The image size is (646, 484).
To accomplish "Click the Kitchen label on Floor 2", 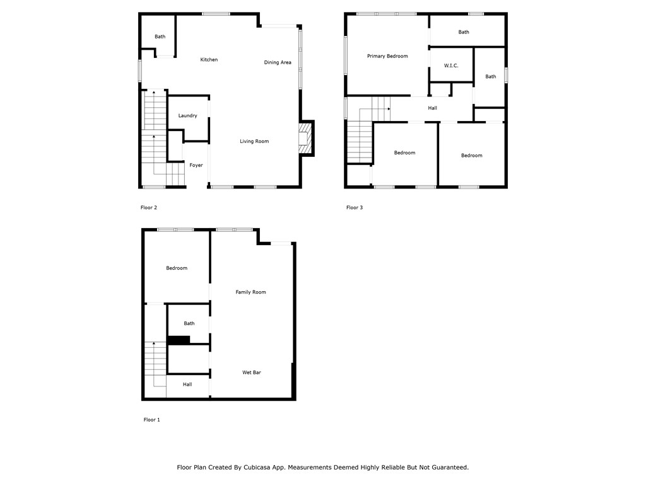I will (x=209, y=60).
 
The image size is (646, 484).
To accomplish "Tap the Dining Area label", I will (x=278, y=62).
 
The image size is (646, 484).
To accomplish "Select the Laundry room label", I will (x=187, y=116).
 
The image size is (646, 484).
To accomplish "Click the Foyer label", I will (x=196, y=165).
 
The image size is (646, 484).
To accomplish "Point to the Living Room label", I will (x=254, y=141).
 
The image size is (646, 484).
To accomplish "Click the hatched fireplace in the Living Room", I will (x=305, y=137).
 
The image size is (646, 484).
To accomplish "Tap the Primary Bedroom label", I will (x=387, y=56).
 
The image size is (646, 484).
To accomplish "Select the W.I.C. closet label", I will (x=450, y=66).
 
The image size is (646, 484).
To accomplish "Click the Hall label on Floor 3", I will (x=432, y=108).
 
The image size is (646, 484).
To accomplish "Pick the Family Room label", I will (x=250, y=292).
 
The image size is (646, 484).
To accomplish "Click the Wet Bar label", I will (x=252, y=372).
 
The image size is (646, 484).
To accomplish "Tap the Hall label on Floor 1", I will (x=187, y=384).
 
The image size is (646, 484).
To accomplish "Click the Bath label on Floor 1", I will (x=189, y=323).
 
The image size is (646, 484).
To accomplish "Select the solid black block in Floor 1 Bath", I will (x=179, y=340).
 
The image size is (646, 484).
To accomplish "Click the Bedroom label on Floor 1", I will (x=177, y=268).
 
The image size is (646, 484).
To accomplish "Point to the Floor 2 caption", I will (x=148, y=207).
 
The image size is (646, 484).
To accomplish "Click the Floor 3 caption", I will (x=355, y=207).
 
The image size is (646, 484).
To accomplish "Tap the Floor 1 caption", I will (x=151, y=420).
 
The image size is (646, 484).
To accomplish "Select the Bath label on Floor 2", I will (x=160, y=37).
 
